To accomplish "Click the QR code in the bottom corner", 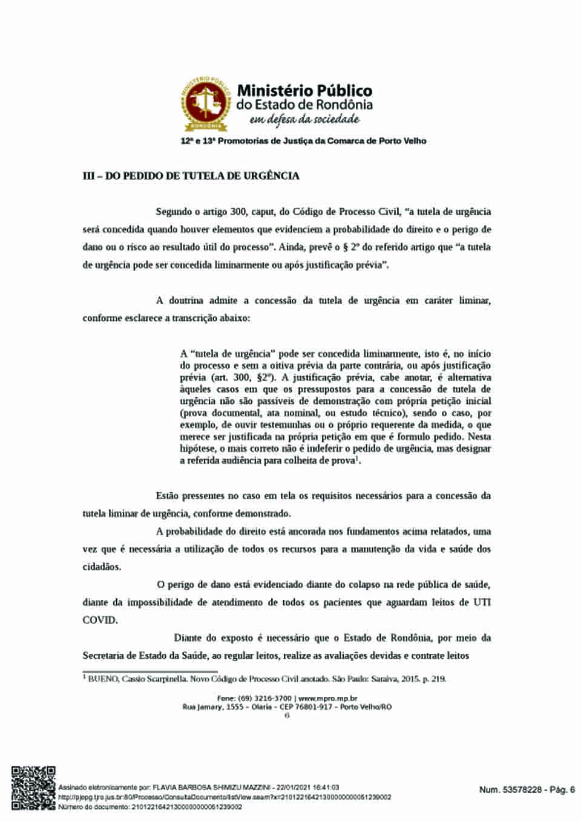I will pos(34,788).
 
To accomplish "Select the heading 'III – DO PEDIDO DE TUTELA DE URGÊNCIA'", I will pos(191,176).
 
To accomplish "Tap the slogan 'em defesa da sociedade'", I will pos(304,119).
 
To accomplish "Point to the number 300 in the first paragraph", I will pos(238,212).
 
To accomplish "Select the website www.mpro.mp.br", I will pos(327,698).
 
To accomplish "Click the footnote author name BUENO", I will pos(103,679).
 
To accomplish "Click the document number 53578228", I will pos(523,789).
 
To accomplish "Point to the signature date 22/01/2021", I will pos(295,788).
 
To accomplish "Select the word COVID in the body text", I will pos(100,620).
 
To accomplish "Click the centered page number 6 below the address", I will pos(287,715).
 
